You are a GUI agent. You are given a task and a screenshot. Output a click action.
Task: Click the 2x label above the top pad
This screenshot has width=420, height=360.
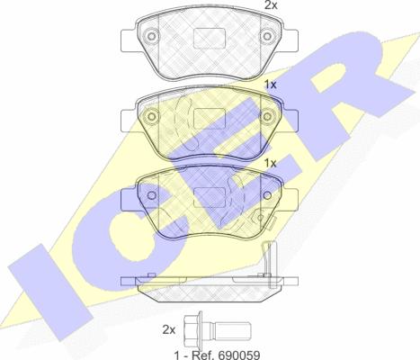pyautogui.click(x=271, y=4)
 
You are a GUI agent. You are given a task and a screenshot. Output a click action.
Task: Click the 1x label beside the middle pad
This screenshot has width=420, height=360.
pyautogui.click(x=270, y=85)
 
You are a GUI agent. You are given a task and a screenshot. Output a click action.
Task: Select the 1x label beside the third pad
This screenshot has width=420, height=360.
pyautogui.click(x=270, y=163)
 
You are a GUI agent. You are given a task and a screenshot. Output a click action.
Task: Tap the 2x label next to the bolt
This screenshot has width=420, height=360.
pyautogui.click(x=169, y=330)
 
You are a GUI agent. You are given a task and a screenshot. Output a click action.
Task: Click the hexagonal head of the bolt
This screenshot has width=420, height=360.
pyautogui.click(x=192, y=329)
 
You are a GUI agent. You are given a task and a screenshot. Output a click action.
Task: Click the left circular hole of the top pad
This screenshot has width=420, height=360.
pyautogui.click(x=152, y=36)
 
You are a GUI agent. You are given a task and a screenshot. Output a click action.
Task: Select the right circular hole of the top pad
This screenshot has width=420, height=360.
pyautogui.click(x=267, y=36)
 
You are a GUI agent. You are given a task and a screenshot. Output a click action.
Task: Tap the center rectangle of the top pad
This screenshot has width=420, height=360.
pyautogui.click(x=210, y=38)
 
